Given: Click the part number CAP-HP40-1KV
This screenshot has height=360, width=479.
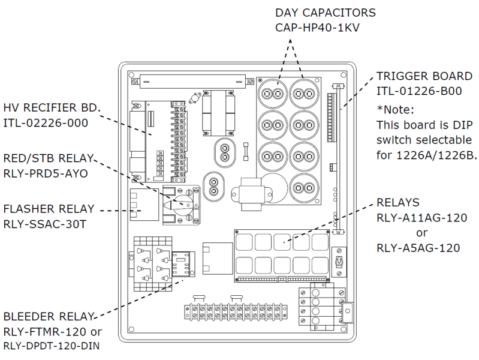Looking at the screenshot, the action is click(x=317, y=28).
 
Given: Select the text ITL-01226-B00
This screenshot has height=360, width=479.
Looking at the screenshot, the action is click(x=419, y=91).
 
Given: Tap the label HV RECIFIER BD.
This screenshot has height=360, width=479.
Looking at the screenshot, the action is click(x=52, y=107).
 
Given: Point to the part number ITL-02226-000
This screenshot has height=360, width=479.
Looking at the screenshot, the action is click(x=46, y=123).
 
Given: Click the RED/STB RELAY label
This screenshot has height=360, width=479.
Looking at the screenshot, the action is click(x=49, y=158).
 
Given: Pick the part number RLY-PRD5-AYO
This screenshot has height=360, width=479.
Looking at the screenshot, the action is click(x=46, y=173).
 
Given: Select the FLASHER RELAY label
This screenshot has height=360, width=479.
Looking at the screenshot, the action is click(x=49, y=209).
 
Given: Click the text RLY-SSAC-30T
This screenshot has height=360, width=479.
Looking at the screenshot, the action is click(x=45, y=224).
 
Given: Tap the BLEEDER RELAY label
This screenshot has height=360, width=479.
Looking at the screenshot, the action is click(x=49, y=316).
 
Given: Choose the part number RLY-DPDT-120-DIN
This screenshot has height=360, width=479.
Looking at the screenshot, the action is click(x=52, y=346).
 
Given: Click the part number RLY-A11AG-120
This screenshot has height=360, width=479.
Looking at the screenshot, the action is click(x=422, y=218).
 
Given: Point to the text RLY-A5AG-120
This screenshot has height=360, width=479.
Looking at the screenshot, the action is click(x=418, y=248).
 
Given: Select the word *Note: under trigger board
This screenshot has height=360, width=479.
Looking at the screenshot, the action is click(x=395, y=109).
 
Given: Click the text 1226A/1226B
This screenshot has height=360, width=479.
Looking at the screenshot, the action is click(x=436, y=155).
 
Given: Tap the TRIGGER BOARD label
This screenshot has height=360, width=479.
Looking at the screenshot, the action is click(x=424, y=76).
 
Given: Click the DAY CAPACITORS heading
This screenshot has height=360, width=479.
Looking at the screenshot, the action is click(x=326, y=13).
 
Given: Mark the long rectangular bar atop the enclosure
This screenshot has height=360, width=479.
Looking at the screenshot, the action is click(x=193, y=82).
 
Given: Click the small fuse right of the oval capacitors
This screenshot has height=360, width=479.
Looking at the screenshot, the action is click(x=246, y=151).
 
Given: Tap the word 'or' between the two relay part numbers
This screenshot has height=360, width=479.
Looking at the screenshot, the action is click(x=421, y=233).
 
